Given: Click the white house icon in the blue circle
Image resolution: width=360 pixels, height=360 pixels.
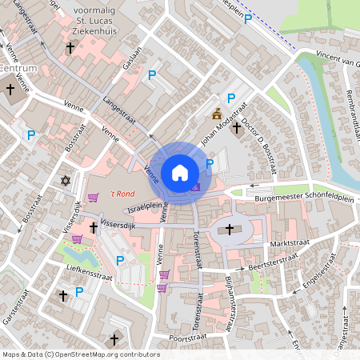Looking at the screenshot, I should point(180,172).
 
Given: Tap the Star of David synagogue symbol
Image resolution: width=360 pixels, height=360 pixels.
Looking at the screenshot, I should point(66,181).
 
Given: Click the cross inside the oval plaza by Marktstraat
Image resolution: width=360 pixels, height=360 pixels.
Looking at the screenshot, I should point(230,230).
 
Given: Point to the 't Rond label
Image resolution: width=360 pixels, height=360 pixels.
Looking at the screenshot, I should point(122,193).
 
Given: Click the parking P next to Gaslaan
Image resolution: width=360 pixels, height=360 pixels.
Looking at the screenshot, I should point(152,75).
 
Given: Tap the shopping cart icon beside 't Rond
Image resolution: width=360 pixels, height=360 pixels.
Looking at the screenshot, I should point(94,198).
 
